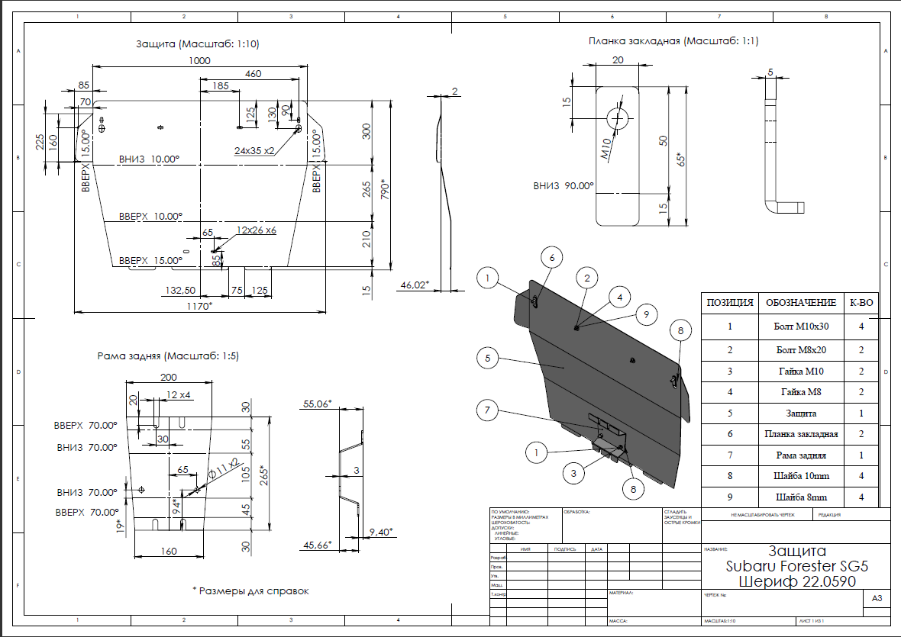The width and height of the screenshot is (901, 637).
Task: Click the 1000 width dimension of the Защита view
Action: (x=200, y=61)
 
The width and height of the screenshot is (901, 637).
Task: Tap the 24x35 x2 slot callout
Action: (x=254, y=151)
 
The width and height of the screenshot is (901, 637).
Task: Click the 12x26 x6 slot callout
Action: (x=257, y=230)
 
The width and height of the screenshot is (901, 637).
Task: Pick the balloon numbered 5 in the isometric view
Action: (x=486, y=356)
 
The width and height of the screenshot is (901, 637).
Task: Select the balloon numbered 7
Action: (x=486, y=410)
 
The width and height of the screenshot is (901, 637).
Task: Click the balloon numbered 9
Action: (x=645, y=314)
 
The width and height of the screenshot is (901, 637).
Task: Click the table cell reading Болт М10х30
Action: (x=801, y=326)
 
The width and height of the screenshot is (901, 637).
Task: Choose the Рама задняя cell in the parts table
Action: (x=801, y=455)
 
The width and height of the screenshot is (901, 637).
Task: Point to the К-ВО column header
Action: (x=861, y=302)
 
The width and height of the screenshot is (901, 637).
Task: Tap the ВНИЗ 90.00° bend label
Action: (x=564, y=185)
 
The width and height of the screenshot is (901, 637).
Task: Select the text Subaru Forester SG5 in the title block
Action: (x=796, y=567)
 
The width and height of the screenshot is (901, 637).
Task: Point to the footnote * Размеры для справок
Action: (x=250, y=590)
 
